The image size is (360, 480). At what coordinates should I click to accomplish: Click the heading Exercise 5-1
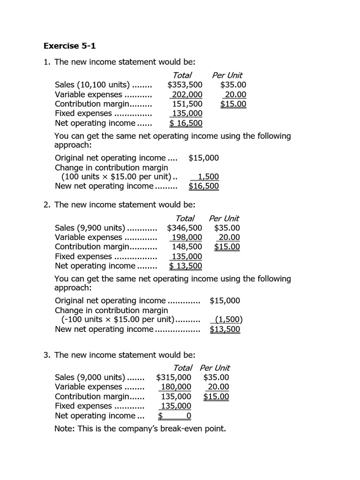point(69,45)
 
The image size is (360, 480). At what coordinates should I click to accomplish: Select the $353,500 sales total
point(185,85)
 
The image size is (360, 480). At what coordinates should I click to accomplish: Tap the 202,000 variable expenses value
point(187,95)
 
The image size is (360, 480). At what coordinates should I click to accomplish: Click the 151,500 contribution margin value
point(187,104)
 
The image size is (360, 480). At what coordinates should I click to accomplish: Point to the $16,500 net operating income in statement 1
point(186,123)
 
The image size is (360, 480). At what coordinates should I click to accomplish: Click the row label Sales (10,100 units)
point(92,85)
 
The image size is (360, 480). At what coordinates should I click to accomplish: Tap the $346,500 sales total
point(185,228)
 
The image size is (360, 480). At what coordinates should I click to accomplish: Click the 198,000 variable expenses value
point(187,238)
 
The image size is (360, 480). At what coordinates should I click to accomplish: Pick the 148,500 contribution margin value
point(187,247)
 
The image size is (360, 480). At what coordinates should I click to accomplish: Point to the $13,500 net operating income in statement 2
point(186,266)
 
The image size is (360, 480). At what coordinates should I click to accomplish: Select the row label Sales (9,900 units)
point(90,228)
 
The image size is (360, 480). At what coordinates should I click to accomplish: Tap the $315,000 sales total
point(173,377)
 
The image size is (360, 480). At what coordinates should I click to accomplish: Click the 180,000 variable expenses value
point(176,387)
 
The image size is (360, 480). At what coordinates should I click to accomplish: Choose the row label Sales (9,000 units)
point(90,377)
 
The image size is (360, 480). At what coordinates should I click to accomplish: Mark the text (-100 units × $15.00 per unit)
point(118,320)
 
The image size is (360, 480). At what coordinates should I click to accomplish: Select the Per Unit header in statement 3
point(215,368)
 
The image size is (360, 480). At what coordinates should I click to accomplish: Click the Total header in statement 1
point(182,75)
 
